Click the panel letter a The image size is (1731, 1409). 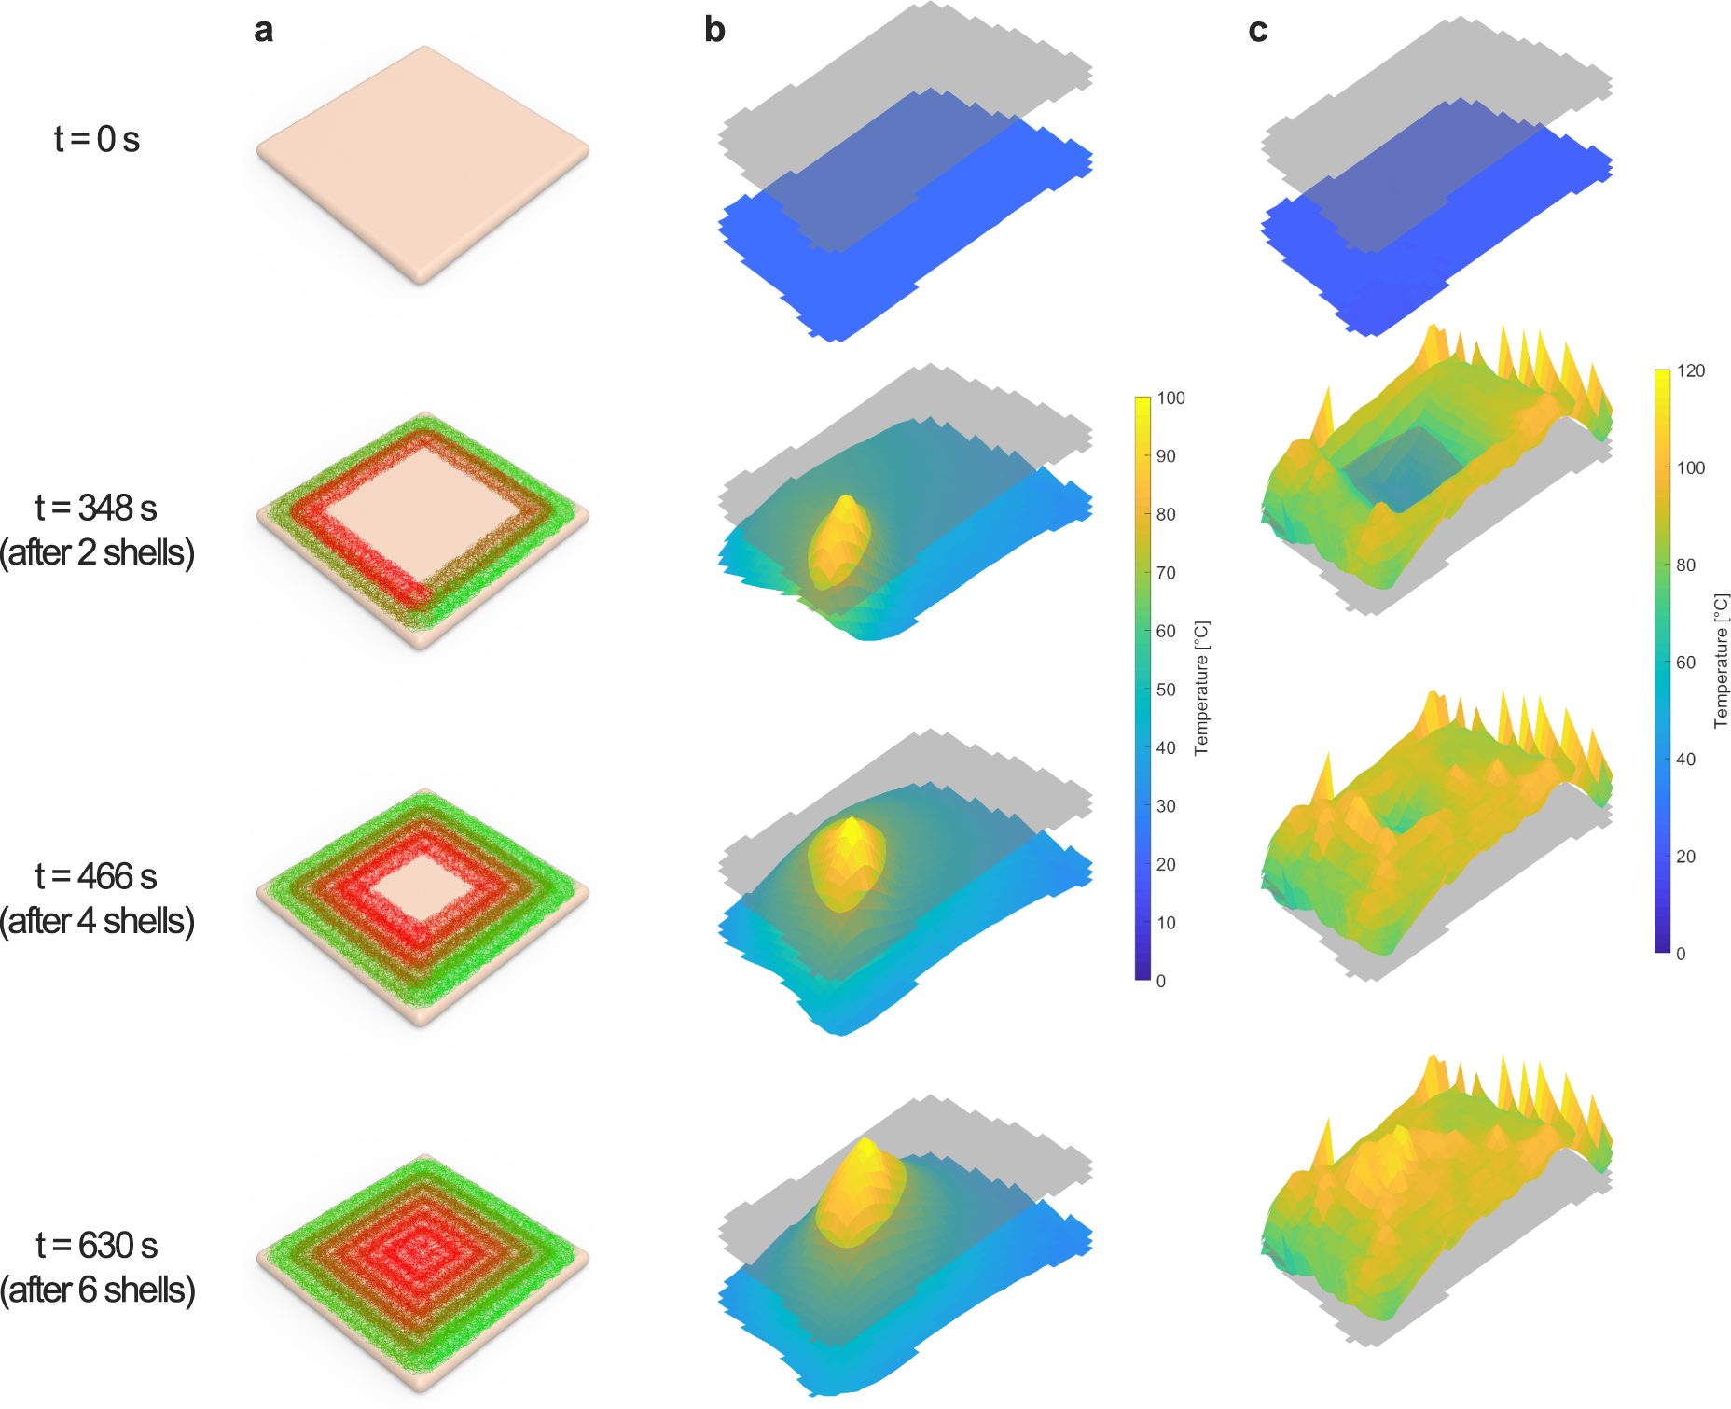pyautogui.click(x=264, y=30)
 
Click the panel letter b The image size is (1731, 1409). pyautogui.click(x=714, y=30)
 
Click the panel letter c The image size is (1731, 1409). pyautogui.click(x=1257, y=30)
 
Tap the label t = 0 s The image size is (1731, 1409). pyautogui.click(x=97, y=139)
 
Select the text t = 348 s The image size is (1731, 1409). pyautogui.click(x=96, y=508)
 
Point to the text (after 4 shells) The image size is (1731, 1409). pyautogui.click(x=97, y=921)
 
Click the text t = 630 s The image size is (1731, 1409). pyautogui.click(x=97, y=1245)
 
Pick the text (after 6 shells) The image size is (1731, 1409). pyautogui.click(x=97, y=1290)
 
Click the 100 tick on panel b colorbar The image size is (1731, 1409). pyautogui.click(x=1170, y=398)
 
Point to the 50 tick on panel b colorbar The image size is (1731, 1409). pyautogui.click(x=1166, y=690)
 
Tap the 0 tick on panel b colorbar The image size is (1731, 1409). pyautogui.click(x=1161, y=981)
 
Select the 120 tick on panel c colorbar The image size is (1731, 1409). pyautogui.click(x=1690, y=370)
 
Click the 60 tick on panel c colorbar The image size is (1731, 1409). pyautogui.click(x=1685, y=663)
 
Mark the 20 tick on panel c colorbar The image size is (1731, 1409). pyautogui.click(x=1685, y=857)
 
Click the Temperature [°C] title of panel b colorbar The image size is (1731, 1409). pyautogui.click(x=1201, y=688)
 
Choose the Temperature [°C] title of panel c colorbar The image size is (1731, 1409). pyautogui.click(x=1721, y=661)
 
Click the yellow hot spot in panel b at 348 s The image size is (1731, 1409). pyautogui.click(x=838, y=541)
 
